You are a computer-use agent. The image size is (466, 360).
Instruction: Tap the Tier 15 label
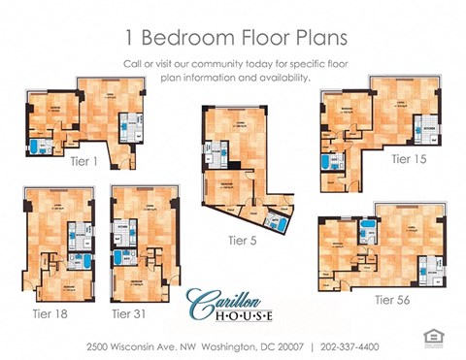[x=408, y=158]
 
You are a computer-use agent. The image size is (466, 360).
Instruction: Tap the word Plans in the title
[x=313, y=38]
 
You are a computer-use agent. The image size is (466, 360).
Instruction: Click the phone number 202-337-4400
[x=351, y=346]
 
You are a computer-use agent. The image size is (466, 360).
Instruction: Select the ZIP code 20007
[x=283, y=346]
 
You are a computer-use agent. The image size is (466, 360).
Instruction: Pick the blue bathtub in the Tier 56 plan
[x=368, y=230]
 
